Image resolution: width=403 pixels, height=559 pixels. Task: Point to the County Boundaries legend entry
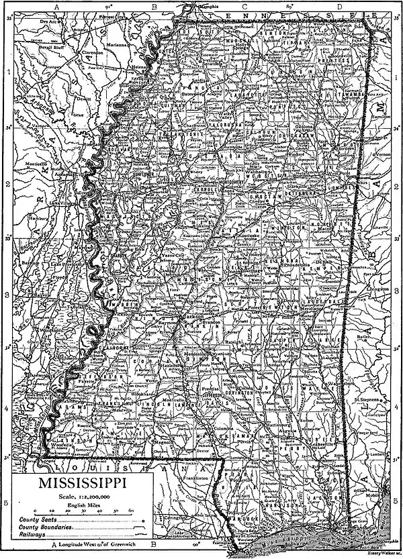coord(40,527)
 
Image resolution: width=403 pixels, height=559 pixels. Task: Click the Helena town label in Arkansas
coord(140,68)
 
